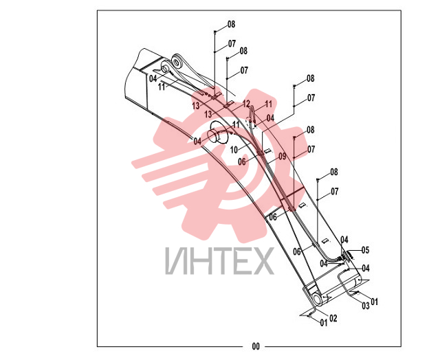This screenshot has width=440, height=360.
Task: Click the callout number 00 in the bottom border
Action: [256, 346]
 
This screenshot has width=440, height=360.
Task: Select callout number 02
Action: [333, 319]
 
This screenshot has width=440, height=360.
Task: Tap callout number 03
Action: [366, 306]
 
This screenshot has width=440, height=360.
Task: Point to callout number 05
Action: [365, 250]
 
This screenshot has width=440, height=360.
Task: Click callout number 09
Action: [283, 157]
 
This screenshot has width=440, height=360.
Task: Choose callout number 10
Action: [234, 150]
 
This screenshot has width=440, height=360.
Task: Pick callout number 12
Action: [246, 104]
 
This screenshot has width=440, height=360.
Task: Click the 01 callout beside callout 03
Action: [374, 302]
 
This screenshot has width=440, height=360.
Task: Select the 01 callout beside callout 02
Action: [324, 323]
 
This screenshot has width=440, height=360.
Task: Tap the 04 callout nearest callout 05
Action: [344, 240]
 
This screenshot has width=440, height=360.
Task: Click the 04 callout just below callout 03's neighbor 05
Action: [366, 269]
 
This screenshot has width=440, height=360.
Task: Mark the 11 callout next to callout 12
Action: [269, 104]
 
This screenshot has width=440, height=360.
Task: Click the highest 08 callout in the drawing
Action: [231, 25]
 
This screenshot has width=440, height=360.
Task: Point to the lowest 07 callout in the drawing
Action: [335, 192]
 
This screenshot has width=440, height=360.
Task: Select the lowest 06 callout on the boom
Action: [297, 251]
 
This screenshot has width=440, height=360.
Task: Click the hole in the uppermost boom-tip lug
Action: [177, 61]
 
